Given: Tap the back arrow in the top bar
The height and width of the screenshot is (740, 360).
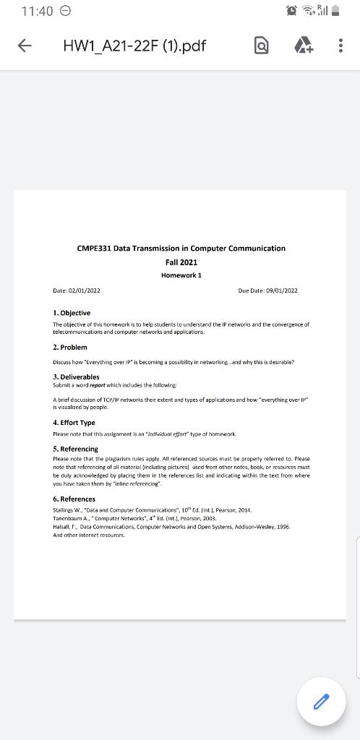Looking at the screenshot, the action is point(24,46).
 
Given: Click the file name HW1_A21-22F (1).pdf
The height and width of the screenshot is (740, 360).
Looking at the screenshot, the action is point(134,46).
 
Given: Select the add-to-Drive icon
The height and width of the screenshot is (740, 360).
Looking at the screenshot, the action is point(302,46).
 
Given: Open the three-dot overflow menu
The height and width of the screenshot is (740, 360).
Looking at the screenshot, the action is point(340,46).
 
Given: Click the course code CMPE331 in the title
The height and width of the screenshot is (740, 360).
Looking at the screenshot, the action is point(94,248).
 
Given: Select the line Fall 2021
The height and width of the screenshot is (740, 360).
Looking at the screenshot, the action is point(181,262).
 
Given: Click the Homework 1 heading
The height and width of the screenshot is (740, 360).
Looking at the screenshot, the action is point(181,275).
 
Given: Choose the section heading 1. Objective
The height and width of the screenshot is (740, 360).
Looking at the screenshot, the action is point(72,313).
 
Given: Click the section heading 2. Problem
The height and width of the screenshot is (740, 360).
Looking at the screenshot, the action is point(70,348).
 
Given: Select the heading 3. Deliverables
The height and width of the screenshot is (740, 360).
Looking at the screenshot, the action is point(76,377).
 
